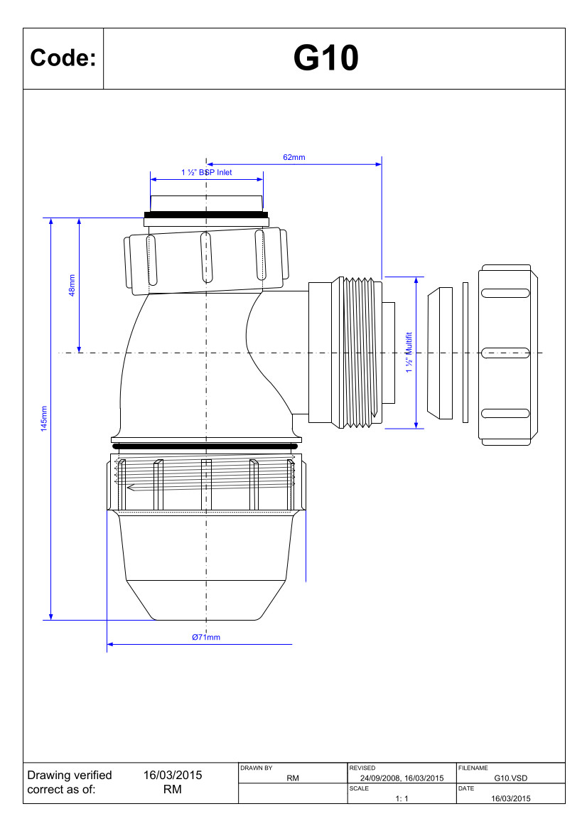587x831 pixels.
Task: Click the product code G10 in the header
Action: tap(325, 58)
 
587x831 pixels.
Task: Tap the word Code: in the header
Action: tap(63, 58)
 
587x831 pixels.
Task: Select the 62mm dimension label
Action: tap(294, 157)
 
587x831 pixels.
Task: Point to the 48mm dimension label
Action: tap(72, 285)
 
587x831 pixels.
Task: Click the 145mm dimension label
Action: tap(44, 419)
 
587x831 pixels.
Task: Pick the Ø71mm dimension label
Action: tap(206, 637)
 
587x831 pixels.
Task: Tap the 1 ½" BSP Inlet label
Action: tap(207, 172)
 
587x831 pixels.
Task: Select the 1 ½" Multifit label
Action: tap(409, 353)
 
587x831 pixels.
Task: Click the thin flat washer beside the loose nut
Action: tap(465, 353)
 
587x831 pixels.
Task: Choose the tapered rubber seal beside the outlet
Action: tap(441, 353)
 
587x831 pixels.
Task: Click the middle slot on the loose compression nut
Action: tap(505, 353)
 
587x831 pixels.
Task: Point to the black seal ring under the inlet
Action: tap(206, 215)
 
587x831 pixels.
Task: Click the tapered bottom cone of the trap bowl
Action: tap(206, 599)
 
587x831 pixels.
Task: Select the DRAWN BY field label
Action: tap(257, 768)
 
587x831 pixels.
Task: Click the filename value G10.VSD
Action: tap(511, 778)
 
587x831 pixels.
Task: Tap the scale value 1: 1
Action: tap(402, 799)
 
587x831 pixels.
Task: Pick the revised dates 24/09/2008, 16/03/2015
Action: tap(402, 778)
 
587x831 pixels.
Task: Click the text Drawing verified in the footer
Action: tap(70, 776)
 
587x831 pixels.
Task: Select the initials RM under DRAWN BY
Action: tap(293, 778)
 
